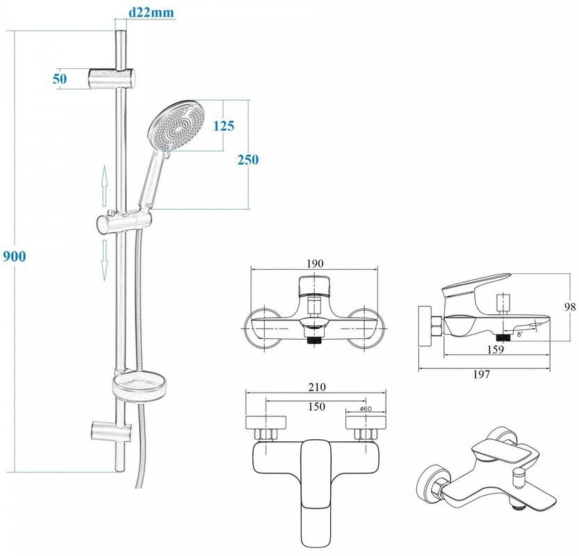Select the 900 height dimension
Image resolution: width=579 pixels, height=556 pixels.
click(14, 256)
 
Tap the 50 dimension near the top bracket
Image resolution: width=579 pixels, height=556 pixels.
click(60, 79)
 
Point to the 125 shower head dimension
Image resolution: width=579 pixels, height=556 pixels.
click(223, 126)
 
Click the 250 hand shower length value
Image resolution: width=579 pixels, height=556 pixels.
click(247, 159)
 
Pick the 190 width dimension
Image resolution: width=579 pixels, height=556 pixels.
click(314, 264)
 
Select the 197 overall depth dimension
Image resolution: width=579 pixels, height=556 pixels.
click(482, 375)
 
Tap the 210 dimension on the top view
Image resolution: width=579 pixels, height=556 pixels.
click(314, 386)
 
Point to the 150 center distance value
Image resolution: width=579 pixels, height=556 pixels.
click(314, 406)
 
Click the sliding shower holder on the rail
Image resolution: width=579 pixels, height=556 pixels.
click(124, 224)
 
